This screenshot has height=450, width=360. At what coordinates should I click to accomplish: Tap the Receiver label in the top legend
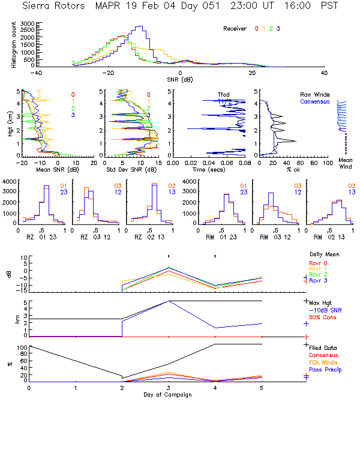(x=235, y=29)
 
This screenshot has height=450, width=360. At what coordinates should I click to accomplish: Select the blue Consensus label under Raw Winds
(x=314, y=102)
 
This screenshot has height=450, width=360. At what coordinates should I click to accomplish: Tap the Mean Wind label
(x=345, y=164)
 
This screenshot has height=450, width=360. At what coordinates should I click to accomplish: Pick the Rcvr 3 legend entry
(x=319, y=281)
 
